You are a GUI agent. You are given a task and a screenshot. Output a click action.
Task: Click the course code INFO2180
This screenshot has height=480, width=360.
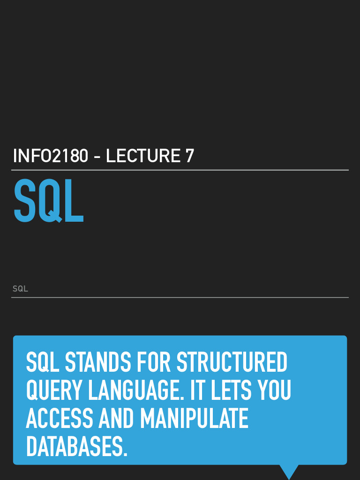click(x=51, y=156)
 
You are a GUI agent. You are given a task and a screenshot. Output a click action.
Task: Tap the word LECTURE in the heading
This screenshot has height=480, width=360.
click(x=143, y=156)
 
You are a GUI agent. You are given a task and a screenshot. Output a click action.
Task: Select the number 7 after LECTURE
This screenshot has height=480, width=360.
click(x=189, y=156)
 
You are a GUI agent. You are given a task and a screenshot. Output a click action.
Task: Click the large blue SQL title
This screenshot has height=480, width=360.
click(x=49, y=201)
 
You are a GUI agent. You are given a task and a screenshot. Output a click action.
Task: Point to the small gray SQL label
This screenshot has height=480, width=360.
click(x=20, y=289)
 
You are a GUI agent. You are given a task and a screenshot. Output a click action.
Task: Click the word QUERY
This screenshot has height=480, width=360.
click(x=54, y=390)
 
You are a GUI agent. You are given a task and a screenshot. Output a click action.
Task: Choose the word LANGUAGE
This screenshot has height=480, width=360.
click(x=136, y=390)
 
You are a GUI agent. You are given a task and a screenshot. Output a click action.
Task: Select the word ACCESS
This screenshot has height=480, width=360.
click(x=60, y=418)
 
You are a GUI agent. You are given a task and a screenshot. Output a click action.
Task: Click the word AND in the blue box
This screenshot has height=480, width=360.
click(x=116, y=418)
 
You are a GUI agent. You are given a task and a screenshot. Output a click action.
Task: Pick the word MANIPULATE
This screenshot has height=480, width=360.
click(x=194, y=418)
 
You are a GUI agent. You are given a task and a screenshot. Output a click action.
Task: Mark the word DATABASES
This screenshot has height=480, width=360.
click(x=76, y=447)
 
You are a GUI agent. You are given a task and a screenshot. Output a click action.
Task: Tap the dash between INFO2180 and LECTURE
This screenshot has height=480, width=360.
click(x=97, y=157)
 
